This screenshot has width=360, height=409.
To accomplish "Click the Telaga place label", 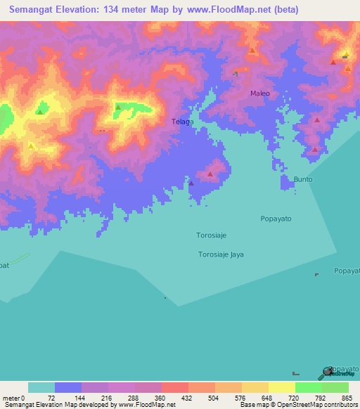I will (183, 122).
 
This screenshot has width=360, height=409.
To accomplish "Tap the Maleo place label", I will (259, 93).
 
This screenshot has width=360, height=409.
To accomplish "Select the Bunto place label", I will (303, 179).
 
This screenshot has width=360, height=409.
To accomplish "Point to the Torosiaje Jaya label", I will (221, 254).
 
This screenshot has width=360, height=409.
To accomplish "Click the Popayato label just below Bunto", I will (276, 219).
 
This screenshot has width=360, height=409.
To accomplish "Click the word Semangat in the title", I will (34, 10).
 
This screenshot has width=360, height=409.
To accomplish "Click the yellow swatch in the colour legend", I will (282, 387).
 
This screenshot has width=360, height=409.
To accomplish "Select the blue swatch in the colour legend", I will (68, 387).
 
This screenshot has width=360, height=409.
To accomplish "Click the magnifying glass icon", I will (327, 372).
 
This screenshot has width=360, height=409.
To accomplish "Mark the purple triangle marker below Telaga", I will (191, 183).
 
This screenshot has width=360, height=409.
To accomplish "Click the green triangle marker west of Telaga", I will (119, 108).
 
